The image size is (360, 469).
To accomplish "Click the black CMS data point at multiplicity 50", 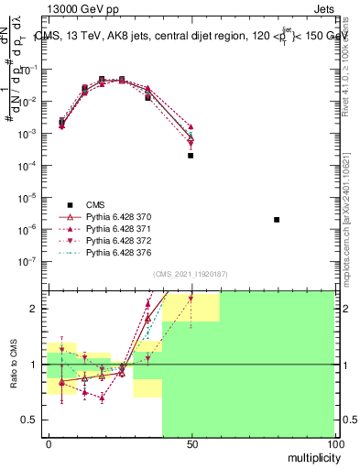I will (x=191, y=156).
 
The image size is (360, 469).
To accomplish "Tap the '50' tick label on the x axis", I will (x=191, y=443).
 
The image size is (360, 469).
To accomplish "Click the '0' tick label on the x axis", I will (x=48, y=443).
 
